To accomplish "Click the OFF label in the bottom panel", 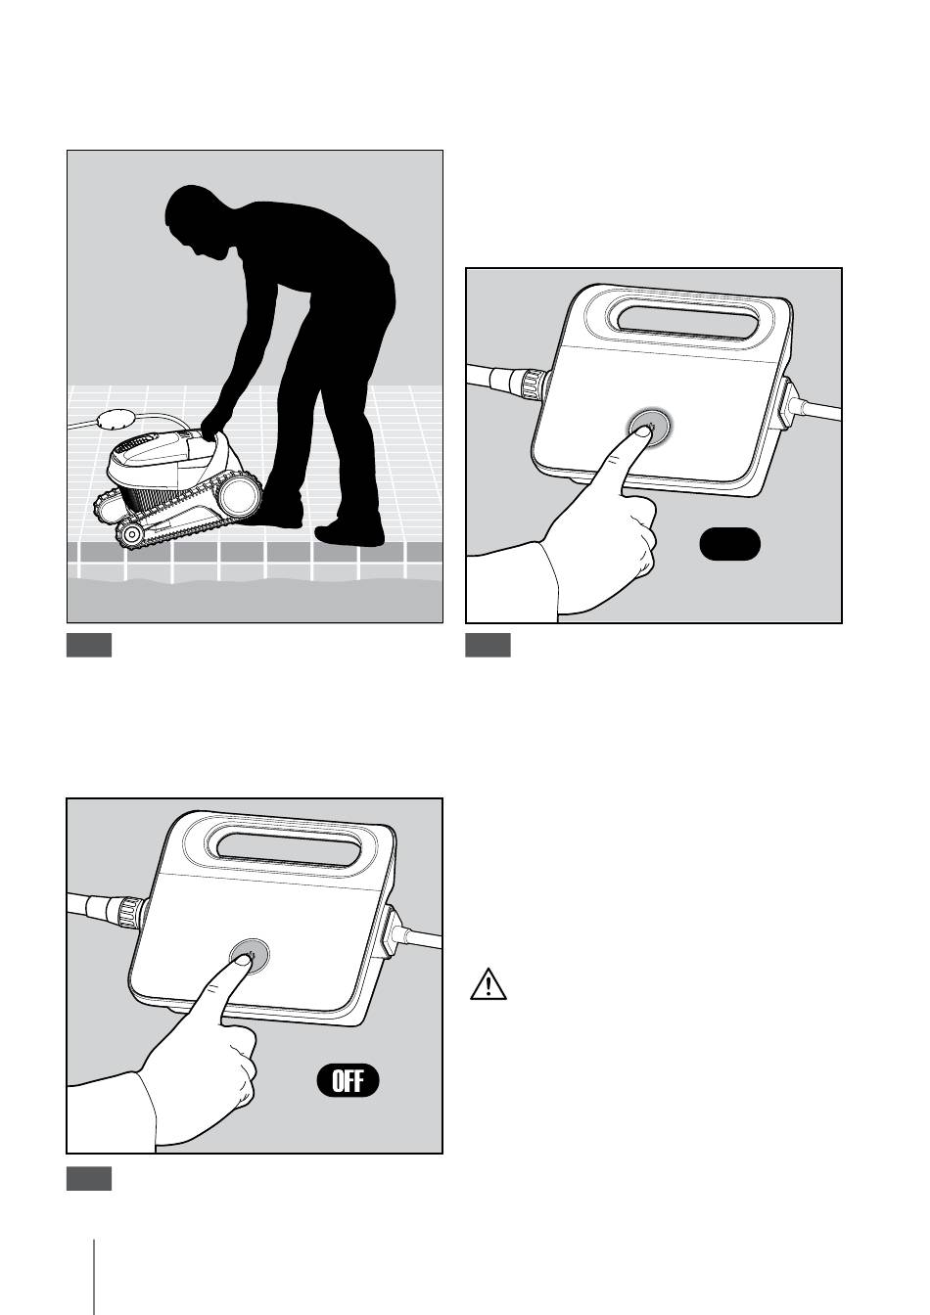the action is [348, 1081].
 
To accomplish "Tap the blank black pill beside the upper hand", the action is [729, 544].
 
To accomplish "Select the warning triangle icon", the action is [488, 984].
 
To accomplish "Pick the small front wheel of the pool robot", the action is [131, 535].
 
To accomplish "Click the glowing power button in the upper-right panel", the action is [649, 426].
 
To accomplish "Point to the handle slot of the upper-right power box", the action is [690, 322].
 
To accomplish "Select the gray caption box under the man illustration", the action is [89, 645].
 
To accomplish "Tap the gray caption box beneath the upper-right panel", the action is [488, 645].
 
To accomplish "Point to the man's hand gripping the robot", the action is [211, 427].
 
